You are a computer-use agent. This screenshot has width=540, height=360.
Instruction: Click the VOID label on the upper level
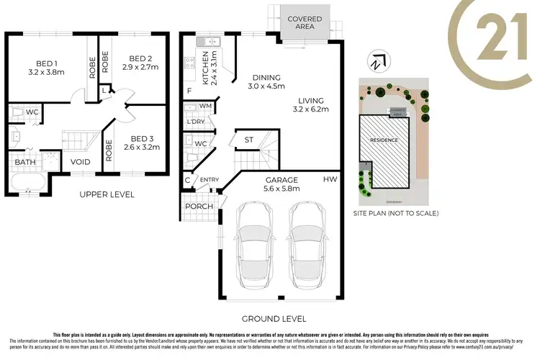(x=81, y=162)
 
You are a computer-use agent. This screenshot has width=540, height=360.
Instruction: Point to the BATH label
(x=24, y=162)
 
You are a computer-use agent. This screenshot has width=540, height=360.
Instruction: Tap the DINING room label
(x=266, y=78)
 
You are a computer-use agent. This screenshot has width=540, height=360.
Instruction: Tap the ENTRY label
(x=210, y=180)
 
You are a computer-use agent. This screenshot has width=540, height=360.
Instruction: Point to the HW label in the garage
(x=330, y=178)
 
